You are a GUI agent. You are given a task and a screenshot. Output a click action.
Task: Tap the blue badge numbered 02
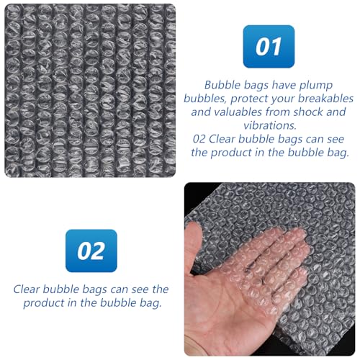[x=91, y=251]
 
